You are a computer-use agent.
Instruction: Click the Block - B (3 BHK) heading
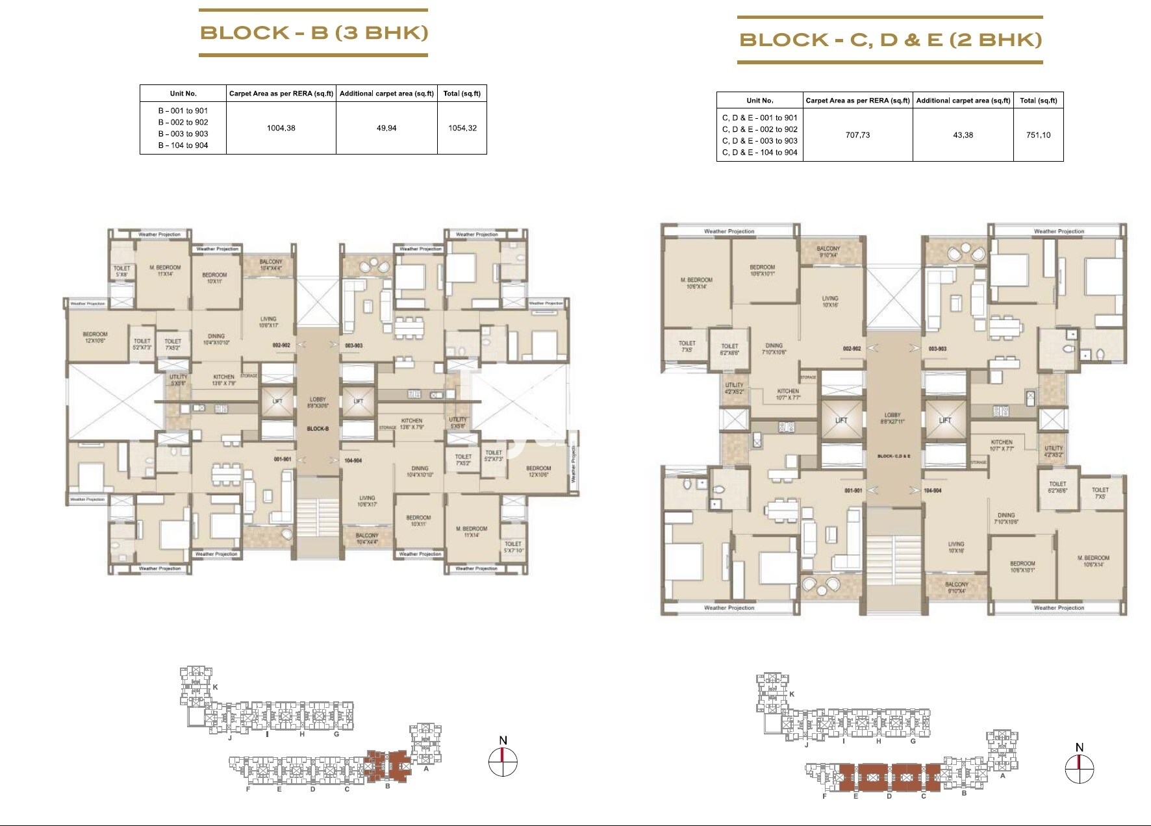(314, 32)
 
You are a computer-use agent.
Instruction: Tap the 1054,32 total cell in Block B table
(462, 128)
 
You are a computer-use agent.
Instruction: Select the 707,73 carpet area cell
(857, 135)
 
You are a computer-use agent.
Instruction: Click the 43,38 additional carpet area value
(963, 135)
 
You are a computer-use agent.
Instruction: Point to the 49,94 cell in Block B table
(386, 128)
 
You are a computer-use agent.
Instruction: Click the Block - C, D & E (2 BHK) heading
(890, 40)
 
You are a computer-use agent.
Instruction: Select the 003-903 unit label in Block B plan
(353, 346)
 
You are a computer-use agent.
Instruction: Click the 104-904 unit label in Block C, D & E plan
(932, 491)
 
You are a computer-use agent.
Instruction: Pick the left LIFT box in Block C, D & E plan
(841, 420)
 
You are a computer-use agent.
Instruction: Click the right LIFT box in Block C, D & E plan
(944, 420)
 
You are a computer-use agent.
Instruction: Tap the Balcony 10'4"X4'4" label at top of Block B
(270, 265)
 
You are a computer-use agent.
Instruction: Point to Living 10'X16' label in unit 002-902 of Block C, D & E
(829, 301)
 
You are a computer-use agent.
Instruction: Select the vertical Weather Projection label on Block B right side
(573, 464)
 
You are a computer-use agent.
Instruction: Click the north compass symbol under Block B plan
(503, 761)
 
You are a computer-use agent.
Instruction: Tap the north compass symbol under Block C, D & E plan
(1079, 769)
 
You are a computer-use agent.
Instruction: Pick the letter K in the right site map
(792, 694)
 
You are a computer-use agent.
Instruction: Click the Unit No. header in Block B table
(183, 94)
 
